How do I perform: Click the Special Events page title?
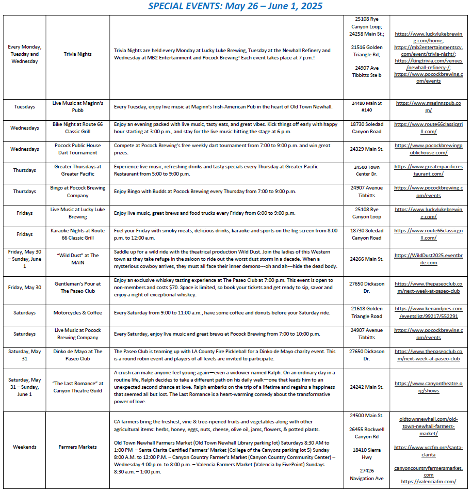tap(235, 6)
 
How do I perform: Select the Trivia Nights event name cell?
tap(77, 54)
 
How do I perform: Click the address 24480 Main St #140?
tap(366, 107)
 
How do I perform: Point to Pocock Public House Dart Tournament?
tap(77, 149)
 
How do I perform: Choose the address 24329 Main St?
tap(366, 149)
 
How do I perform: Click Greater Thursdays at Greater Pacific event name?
tap(77, 170)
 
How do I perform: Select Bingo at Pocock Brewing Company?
tap(77, 192)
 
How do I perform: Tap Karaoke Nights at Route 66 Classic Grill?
tap(77, 234)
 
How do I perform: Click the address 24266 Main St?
tap(366, 259)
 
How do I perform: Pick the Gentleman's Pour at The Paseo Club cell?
tap(77, 288)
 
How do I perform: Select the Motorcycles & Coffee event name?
tap(77, 313)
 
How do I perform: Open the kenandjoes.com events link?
tap(429, 313)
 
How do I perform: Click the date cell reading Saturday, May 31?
tap(24, 355)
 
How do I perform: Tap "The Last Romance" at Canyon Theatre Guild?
tap(77, 387)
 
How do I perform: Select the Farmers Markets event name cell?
tap(77, 447)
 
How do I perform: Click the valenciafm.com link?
tap(429, 482)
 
